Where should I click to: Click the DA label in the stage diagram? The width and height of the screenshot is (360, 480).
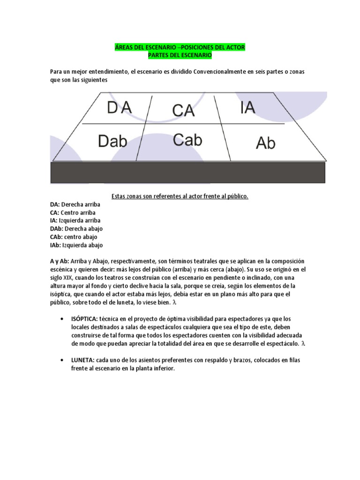point(119,108)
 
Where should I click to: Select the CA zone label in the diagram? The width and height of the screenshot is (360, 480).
point(183,111)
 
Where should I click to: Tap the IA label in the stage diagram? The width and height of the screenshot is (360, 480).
point(247,108)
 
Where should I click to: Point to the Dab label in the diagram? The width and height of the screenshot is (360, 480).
point(113,141)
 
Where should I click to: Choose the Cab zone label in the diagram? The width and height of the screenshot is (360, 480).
point(187,140)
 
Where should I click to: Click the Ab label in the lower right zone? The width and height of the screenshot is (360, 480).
point(266,143)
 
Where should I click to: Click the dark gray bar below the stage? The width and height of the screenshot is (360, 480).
point(187,172)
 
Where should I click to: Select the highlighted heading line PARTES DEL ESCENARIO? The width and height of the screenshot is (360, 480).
point(180,56)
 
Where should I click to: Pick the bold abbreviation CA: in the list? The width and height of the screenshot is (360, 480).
point(55,212)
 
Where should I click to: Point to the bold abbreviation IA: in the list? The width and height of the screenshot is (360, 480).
point(54,220)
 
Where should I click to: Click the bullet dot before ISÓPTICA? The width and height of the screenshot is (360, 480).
point(62,319)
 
